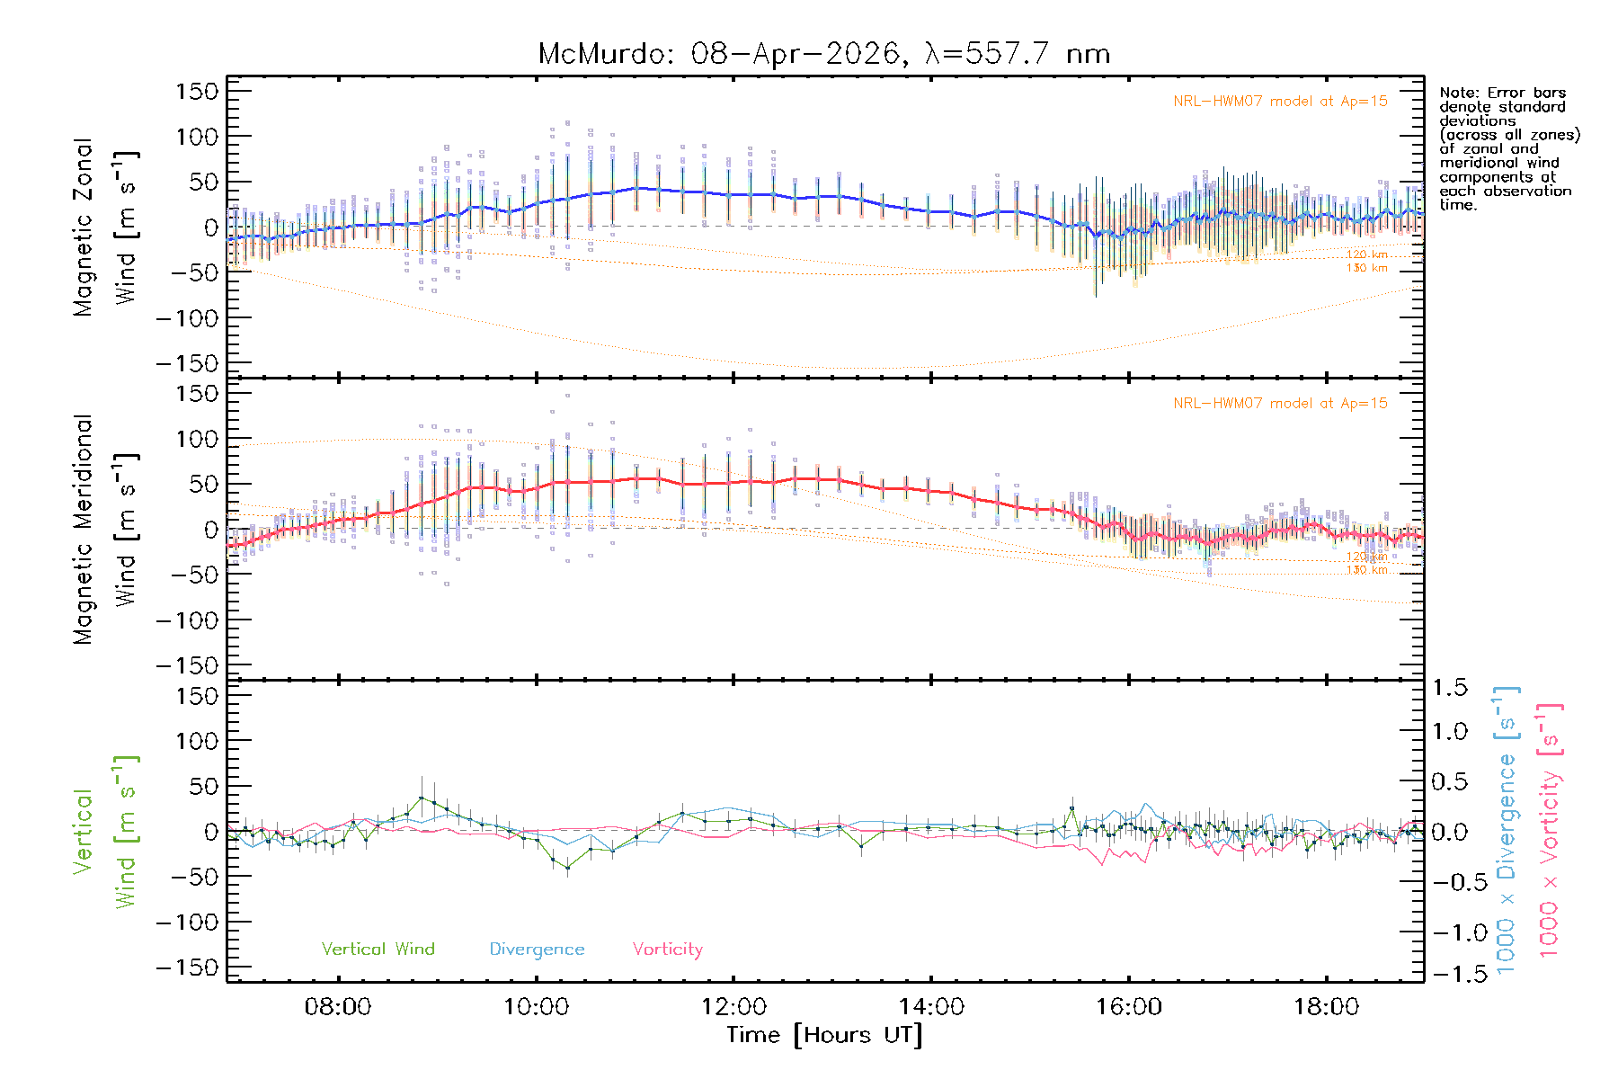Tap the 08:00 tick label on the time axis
[x=338, y=1007]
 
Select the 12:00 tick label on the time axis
[x=733, y=1007]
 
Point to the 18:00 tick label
[x=1326, y=1007]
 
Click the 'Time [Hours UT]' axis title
[x=824, y=1035]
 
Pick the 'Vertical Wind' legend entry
[x=378, y=949]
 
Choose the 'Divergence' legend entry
[x=537, y=949]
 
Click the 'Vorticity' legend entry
[x=667, y=949]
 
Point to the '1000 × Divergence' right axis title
[x=1507, y=831]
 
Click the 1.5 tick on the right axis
[x=1449, y=688]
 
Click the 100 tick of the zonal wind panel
[x=197, y=137]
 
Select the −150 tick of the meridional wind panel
[x=187, y=665]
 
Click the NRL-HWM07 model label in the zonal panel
[x=1280, y=102]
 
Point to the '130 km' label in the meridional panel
[x=1366, y=570]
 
